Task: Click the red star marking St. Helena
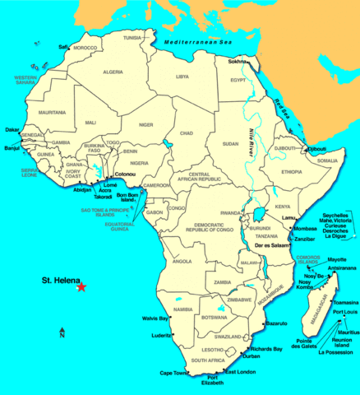click(x=81, y=286)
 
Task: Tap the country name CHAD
click(x=187, y=132)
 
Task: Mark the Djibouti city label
click(x=316, y=149)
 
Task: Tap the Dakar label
click(x=12, y=129)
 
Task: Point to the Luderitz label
click(x=161, y=335)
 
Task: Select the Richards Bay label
click(x=266, y=349)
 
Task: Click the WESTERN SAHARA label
click(x=26, y=80)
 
